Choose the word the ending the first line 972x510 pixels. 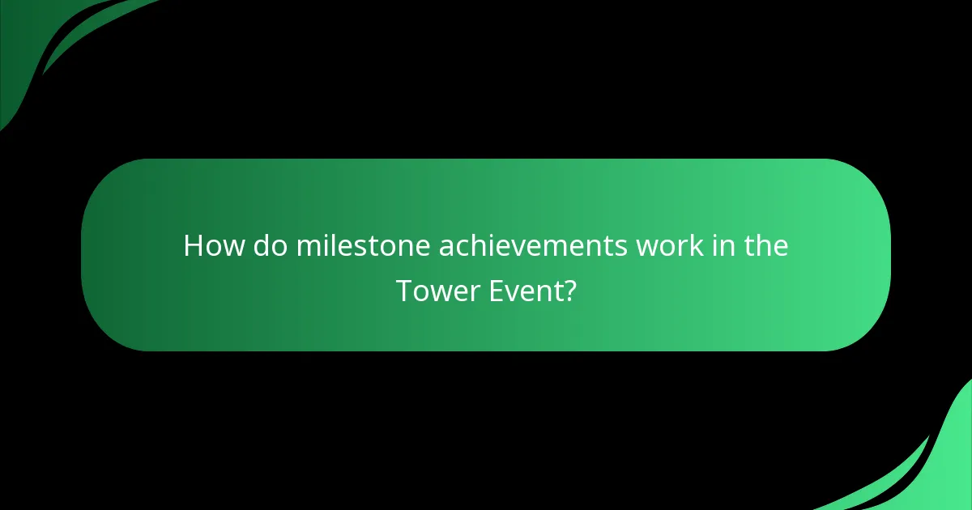click(x=766, y=245)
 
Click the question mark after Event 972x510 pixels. click(x=569, y=291)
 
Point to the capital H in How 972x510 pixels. click(x=193, y=245)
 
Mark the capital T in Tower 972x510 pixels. click(x=403, y=291)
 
